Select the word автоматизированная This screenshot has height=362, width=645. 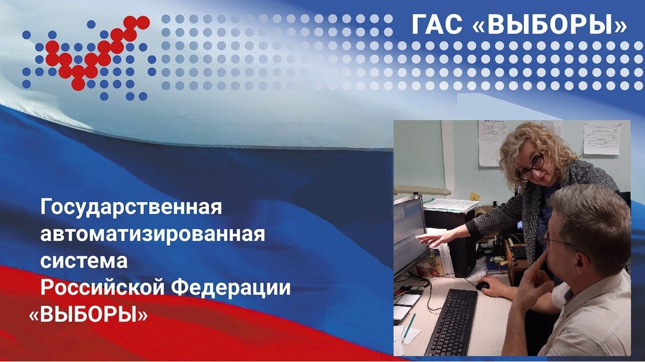click(x=152, y=234)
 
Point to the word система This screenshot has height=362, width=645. click(x=84, y=261)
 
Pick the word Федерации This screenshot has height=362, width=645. click(x=231, y=288)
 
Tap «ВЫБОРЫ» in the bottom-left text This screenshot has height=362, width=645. click(x=88, y=314)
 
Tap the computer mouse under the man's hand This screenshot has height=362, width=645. click(x=483, y=286)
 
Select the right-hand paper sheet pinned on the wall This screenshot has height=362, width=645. click(x=602, y=138)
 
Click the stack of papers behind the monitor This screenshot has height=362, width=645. click(x=451, y=205)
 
